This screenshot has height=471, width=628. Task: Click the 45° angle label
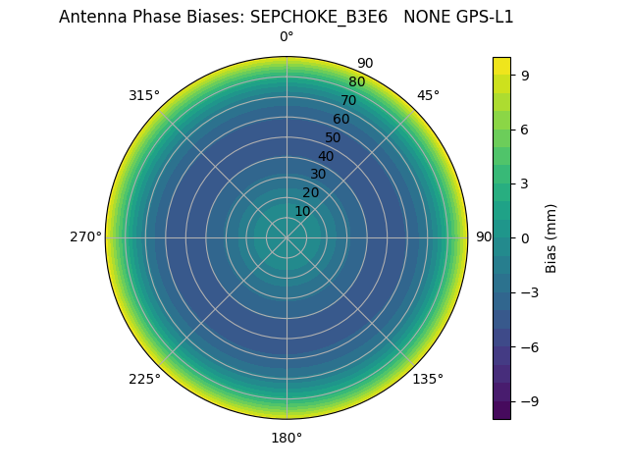(x=428, y=95)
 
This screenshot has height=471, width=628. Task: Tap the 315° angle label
(x=144, y=95)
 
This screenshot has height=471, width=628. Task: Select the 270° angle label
(x=85, y=236)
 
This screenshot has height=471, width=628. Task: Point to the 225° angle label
(x=144, y=379)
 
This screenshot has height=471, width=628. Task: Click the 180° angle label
(x=287, y=438)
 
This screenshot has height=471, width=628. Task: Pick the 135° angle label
(x=428, y=379)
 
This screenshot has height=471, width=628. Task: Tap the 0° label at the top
(x=287, y=37)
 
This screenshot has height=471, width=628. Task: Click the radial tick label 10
(x=302, y=211)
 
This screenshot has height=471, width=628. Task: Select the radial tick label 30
(x=318, y=174)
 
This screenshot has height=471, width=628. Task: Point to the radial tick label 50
(x=334, y=137)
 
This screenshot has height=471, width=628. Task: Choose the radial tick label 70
(x=349, y=100)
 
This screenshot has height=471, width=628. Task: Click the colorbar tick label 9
(x=525, y=75)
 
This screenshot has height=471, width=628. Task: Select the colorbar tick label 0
(x=525, y=237)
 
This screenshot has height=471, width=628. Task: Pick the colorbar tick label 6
(x=525, y=129)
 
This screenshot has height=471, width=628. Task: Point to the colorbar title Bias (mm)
(x=551, y=237)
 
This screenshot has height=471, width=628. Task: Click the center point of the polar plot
(x=287, y=237)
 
